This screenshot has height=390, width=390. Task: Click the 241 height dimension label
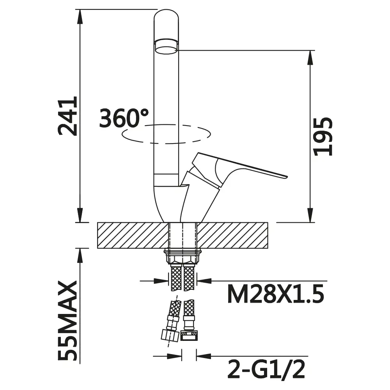tap(67, 116)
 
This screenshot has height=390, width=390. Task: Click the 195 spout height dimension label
tap(323, 136)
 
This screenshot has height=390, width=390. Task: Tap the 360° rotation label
tap(124, 118)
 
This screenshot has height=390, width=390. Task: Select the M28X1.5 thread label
tap(276, 294)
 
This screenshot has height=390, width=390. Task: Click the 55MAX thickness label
tap(67, 321)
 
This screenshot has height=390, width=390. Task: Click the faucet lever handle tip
tap(285, 177)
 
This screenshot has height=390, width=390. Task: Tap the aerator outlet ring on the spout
tap(166, 46)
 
